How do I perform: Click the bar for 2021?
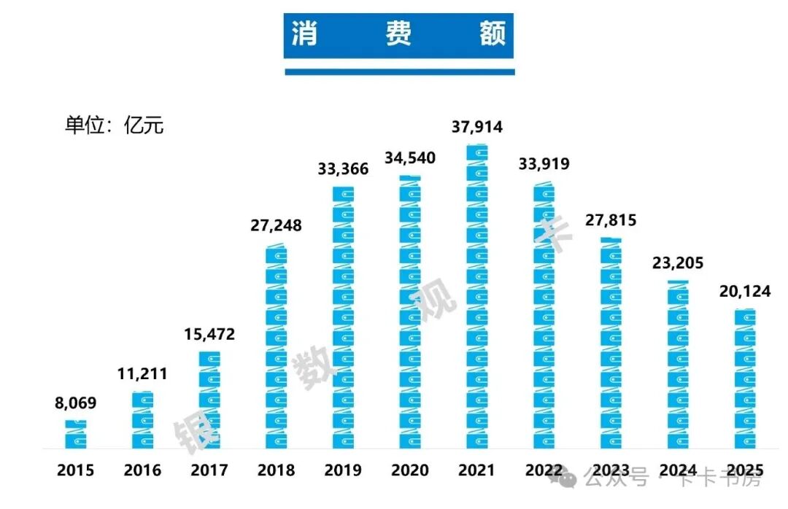(477, 296)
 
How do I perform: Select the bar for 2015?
(75, 434)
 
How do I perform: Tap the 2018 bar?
(276, 346)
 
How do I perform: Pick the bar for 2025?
(744, 378)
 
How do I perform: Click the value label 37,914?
(477, 127)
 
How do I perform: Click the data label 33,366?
(343, 169)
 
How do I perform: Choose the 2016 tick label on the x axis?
(142, 470)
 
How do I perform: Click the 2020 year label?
(410, 470)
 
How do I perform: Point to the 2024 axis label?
(677, 470)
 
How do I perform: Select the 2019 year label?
(343, 470)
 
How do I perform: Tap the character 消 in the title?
(304, 34)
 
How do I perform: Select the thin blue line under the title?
(399, 71)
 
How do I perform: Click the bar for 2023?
(611, 343)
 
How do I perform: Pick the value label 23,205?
(678, 263)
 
